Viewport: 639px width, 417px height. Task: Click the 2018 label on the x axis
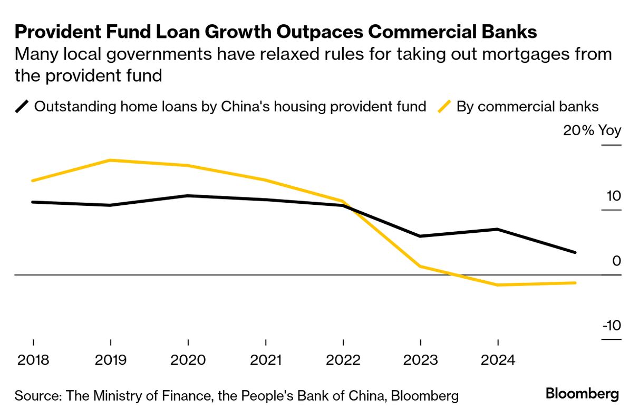(33, 361)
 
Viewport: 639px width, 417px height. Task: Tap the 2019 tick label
(111, 361)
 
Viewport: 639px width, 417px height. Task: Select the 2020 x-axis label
(188, 361)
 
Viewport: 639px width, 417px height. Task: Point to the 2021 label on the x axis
(266, 361)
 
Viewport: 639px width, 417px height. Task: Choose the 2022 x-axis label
(343, 361)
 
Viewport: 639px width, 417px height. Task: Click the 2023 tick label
(420, 361)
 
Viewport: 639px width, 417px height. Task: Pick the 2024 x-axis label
(498, 361)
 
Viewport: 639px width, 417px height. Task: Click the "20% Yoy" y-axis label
(592, 131)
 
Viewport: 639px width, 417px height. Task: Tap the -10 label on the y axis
(612, 326)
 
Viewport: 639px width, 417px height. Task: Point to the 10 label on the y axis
(613, 196)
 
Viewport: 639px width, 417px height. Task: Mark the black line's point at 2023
(420, 236)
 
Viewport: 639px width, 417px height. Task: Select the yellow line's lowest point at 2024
(498, 285)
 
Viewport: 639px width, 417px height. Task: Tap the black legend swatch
(22, 107)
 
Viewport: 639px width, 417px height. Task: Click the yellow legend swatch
(444, 107)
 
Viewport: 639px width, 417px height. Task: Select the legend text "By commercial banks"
(527, 107)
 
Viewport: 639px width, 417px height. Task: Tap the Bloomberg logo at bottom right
(582, 394)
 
